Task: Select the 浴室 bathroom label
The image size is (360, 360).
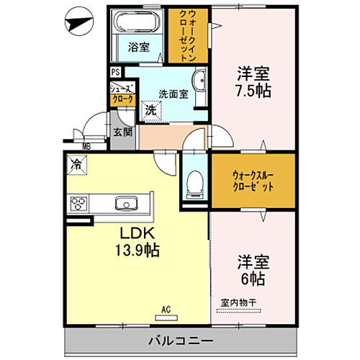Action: [x=139, y=48]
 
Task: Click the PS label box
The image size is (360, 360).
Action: [x=114, y=72]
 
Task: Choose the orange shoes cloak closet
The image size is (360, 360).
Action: [x=121, y=94]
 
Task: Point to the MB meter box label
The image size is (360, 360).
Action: [x=86, y=148]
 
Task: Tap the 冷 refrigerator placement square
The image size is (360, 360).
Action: [x=76, y=165]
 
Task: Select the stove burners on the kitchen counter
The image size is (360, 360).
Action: [x=78, y=204]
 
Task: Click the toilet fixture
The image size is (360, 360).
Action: [x=193, y=186]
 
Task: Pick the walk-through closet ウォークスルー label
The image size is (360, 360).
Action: [x=253, y=174]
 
